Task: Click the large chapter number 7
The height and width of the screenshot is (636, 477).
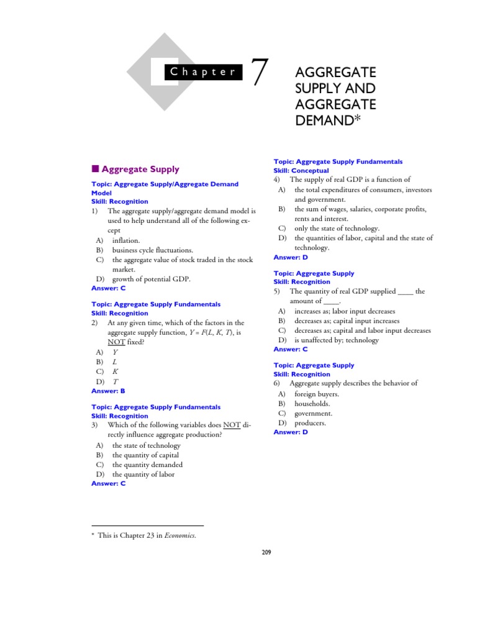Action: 259,73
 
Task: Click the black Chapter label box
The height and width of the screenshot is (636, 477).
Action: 203,72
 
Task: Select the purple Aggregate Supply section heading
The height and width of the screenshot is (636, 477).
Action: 140,169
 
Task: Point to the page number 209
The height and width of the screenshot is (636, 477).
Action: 266,552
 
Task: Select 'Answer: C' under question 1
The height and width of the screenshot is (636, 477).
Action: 109,288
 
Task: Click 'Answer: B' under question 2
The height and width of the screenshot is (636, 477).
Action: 109,391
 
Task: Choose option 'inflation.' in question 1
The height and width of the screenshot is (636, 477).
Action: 126,240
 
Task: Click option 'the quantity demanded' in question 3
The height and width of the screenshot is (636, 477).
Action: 147,465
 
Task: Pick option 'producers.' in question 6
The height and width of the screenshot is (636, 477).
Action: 310,423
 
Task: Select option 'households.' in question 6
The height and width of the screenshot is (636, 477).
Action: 312,404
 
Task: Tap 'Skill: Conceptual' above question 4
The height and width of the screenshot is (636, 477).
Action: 301,171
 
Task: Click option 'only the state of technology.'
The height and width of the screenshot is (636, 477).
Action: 337,229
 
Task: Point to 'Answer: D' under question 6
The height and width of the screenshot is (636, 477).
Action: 291,432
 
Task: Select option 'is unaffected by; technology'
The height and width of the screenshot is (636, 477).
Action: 336,340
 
